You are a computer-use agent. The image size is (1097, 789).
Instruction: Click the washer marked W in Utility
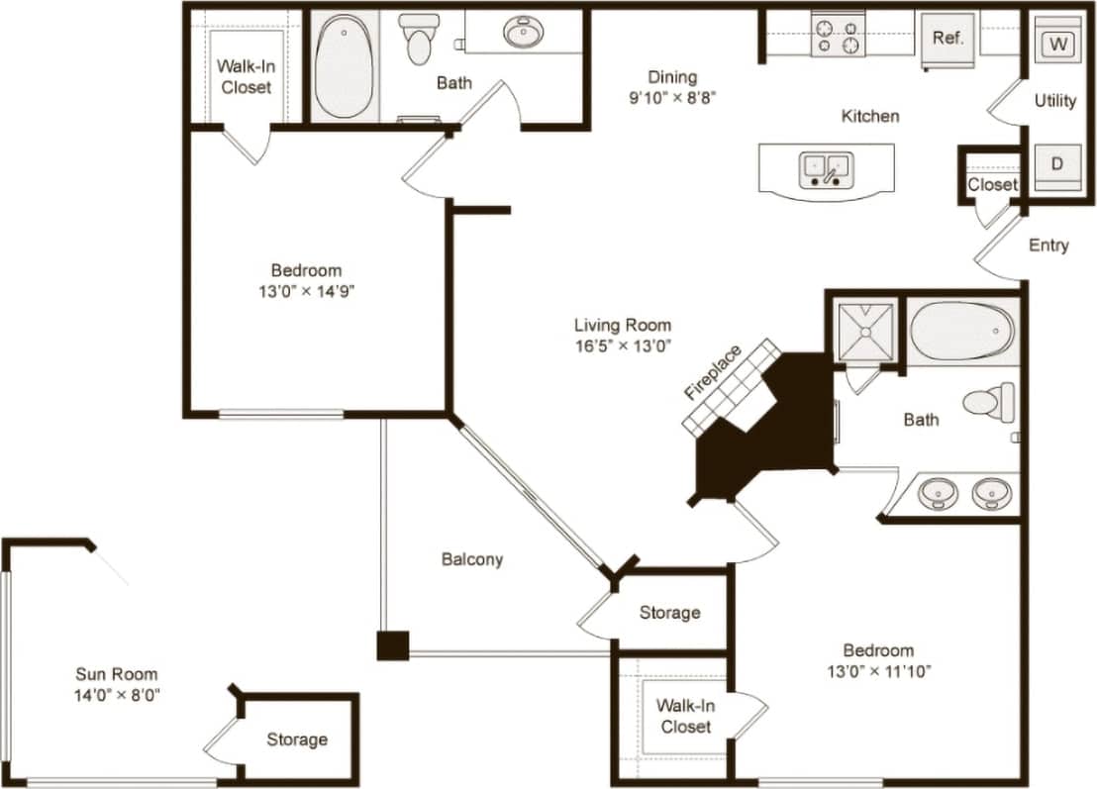(1057, 45)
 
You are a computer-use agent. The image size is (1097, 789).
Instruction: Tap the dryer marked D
(1056, 164)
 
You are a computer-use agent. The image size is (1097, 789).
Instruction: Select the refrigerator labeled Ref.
(947, 39)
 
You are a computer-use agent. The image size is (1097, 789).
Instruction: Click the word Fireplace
(712, 371)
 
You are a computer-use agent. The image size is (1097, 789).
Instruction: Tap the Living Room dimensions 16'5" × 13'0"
(623, 345)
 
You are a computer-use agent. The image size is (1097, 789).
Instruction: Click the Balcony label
(472, 559)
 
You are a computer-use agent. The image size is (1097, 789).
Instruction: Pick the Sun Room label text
(117, 674)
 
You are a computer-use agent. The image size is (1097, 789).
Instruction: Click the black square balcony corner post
(392, 645)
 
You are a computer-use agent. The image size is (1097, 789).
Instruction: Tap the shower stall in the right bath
(866, 332)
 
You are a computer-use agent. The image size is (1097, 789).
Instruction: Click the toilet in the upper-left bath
(421, 40)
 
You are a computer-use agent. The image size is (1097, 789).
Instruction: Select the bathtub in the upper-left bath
(344, 66)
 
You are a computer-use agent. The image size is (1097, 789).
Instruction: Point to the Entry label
(1047, 246)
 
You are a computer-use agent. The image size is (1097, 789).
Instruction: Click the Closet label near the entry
(992, 185)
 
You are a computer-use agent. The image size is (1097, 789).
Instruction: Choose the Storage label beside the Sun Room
(296, 740)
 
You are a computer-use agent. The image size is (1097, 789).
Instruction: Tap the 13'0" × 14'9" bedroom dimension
(307, 292)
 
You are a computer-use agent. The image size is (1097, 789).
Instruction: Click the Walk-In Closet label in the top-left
(246, 77)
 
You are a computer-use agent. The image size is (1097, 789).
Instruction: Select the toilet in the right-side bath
(989, 402)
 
